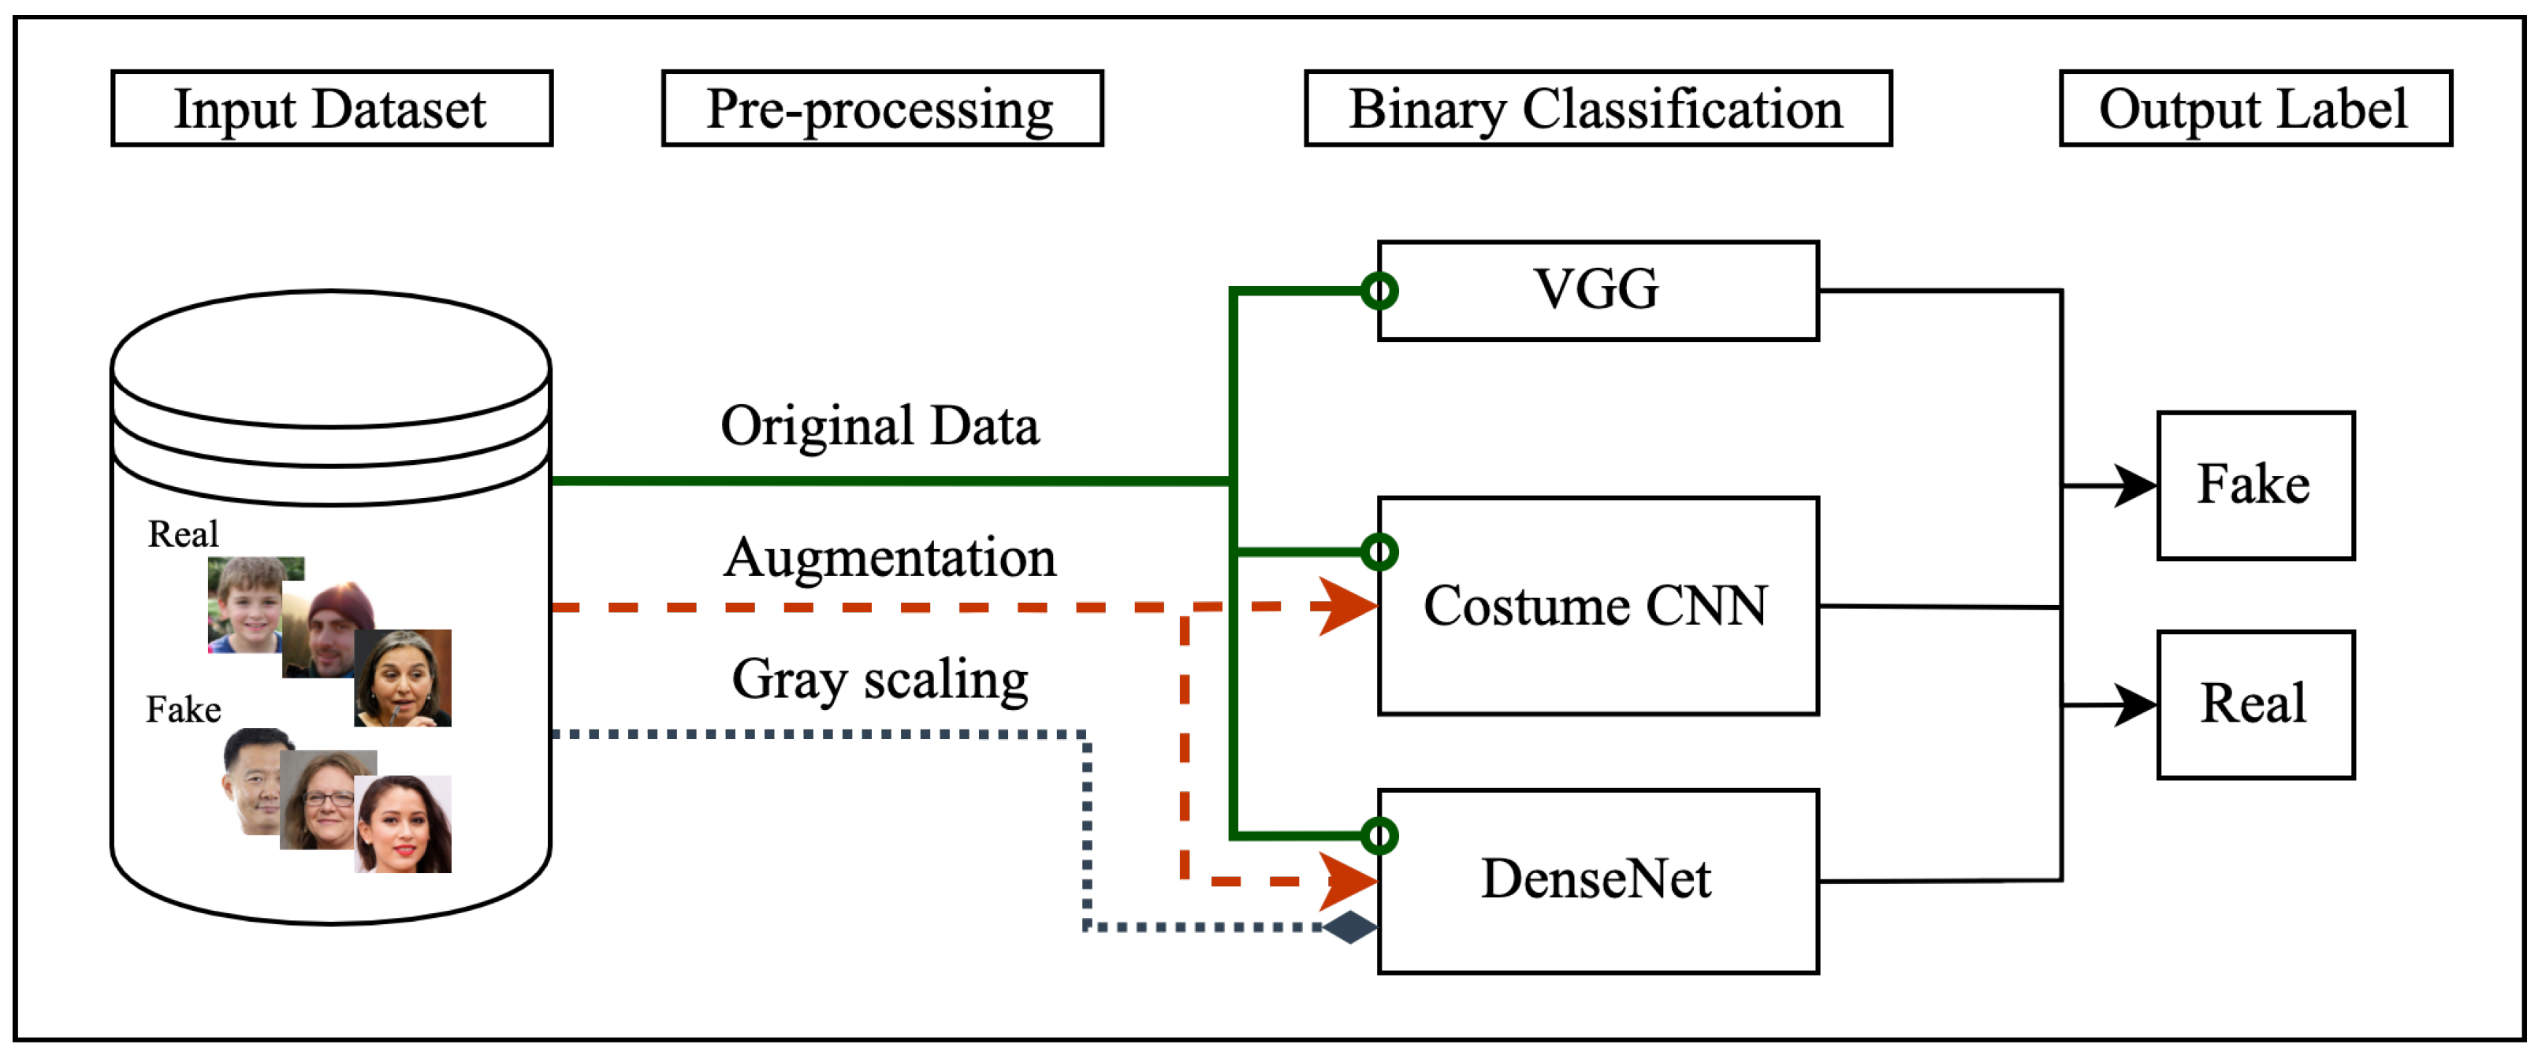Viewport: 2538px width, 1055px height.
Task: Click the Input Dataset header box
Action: click(x=332, y=109)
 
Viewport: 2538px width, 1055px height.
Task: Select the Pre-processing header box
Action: click(x=882, y=109)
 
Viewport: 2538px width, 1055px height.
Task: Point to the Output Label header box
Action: click(x=2255, y=109)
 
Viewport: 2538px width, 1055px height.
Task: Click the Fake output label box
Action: click(x=2255, y=485)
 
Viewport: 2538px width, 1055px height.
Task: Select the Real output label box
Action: click(x=2255, y=704)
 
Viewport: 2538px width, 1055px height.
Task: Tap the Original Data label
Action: click(x=880, y=426)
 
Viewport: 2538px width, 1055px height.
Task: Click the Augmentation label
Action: click(x=890, y=558)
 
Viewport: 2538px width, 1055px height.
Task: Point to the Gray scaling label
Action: click(x=880, y=680)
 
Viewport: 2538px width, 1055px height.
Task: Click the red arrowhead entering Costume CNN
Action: click(x=1348, y=606)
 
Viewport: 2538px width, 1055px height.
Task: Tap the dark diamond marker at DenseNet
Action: click(x=1349, y=927)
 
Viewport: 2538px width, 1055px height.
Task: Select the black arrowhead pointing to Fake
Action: click(x=2136, y=485)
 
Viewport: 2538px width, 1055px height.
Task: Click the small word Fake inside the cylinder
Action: click(x=183, y=709)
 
